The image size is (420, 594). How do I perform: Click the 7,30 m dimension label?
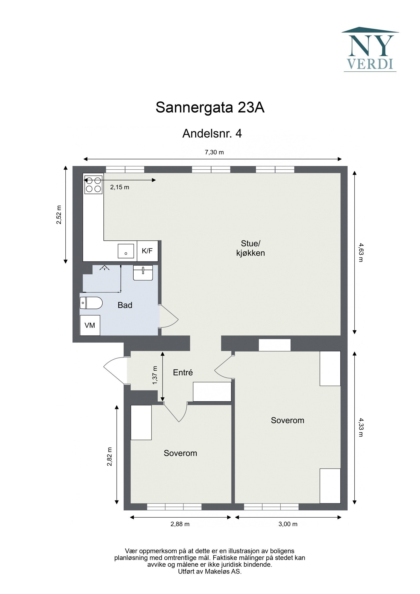[x=214, y=152]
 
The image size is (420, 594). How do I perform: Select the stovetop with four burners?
[x=93, y=185]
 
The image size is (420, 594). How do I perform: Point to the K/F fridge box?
[x=147, y=251]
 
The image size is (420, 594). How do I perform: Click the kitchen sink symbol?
[x=126, y=251]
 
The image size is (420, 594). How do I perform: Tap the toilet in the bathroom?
[x=91, y=303]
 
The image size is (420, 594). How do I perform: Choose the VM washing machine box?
[x=90, y=325]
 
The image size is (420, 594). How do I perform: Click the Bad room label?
[x=125, y=305]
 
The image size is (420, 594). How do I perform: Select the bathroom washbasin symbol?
[x=143, y=272]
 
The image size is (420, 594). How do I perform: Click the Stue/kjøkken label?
[x=250, y=248]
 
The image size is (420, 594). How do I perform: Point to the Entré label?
[x=183, y=372]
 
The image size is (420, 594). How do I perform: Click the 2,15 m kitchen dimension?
[x=119, y=187]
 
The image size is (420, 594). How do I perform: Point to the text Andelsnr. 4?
[x=212, y=134]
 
